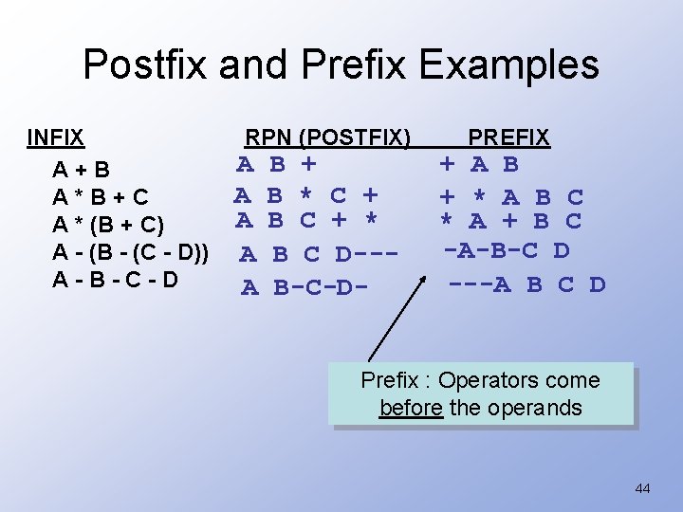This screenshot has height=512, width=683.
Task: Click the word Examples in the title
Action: click(509, 65)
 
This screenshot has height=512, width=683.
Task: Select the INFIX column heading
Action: click(56, 138)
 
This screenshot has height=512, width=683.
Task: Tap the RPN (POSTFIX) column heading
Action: click(327, 138)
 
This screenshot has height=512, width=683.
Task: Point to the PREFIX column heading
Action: click(508, 138)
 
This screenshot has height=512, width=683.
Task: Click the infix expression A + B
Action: click(82, 171)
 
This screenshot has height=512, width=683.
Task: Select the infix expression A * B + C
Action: click(101, 197)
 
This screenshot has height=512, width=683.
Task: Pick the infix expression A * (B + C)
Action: click(108, 225)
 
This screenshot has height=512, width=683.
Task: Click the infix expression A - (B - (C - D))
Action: click(131, 252)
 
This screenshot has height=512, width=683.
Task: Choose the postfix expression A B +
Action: click(276, 164)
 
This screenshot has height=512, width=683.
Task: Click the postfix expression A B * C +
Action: click(306, 195)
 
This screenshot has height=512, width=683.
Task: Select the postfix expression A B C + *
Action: click(306, 222)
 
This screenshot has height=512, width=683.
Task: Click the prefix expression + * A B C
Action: click(510, 197)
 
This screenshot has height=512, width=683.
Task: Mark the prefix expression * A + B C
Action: click(510, 222)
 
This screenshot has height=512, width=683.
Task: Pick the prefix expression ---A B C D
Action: click(526, 283)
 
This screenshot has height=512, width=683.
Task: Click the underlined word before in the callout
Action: click(411, 409)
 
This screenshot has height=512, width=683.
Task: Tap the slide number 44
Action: click(642, 489)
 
